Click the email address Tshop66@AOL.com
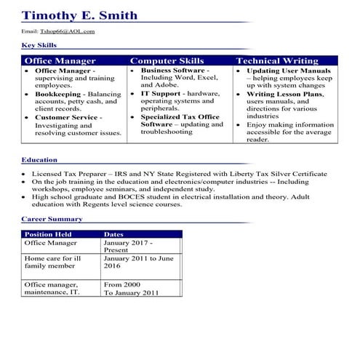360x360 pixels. (68, 32)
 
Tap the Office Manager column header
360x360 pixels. (60, 61)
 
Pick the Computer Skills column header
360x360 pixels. (167, 61)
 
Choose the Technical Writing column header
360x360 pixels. (277, 61)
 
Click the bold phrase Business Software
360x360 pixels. (172, 71)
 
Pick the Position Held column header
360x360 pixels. (49, 234)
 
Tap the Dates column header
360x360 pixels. (114, 234)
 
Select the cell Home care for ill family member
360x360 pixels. (55, 262)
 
